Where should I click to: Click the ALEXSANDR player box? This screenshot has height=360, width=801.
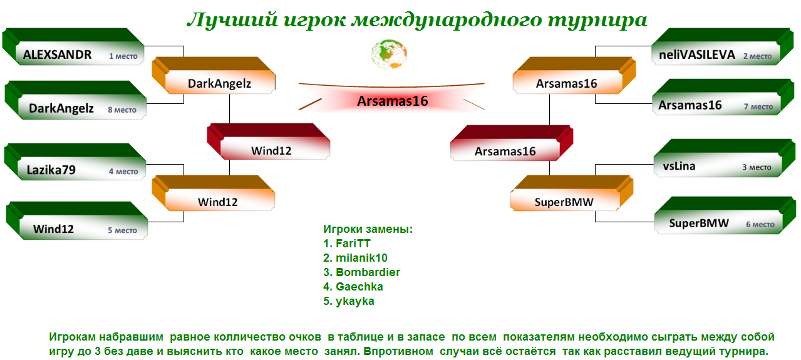pyautogui.click(x=73, y=47)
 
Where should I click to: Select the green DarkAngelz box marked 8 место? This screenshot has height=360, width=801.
pyautogui.click(x=75, y=100)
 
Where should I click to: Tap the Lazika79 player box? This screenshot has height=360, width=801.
pyautogui.click(x=75, y=162)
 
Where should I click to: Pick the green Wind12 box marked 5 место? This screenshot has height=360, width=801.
pyautogui.click(x=77, y=220)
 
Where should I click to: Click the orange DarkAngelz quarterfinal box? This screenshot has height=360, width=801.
pyautogui.click(x=214, y=75)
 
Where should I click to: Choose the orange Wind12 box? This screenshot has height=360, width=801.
pyautogui.click(x=214, y=193)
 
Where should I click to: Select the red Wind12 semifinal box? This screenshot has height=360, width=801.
pyautogui.click(x=269, y=141)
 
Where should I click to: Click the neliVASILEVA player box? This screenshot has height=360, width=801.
pyautogui.click(x=722, y=47)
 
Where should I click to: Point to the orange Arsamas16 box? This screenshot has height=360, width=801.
pyautogui.click(x=574, y=75)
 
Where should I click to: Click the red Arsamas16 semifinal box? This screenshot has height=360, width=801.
pyautogui.click(x=512, y=143)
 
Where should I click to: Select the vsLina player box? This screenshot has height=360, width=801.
pyautogui.click(x=725, y=158)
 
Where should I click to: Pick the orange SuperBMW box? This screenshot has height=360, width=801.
pyautogui.click(x=572, y=193)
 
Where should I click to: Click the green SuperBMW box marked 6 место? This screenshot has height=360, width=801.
pyautogui.click(x=725, y=215)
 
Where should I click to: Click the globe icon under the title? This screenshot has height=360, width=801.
pyautogui.click(x=389, y=54)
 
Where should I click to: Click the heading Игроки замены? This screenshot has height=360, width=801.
pyautogui.click(x=368, y=229)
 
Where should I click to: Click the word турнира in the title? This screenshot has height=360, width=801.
pyautogui.click(x=597, y=20)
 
